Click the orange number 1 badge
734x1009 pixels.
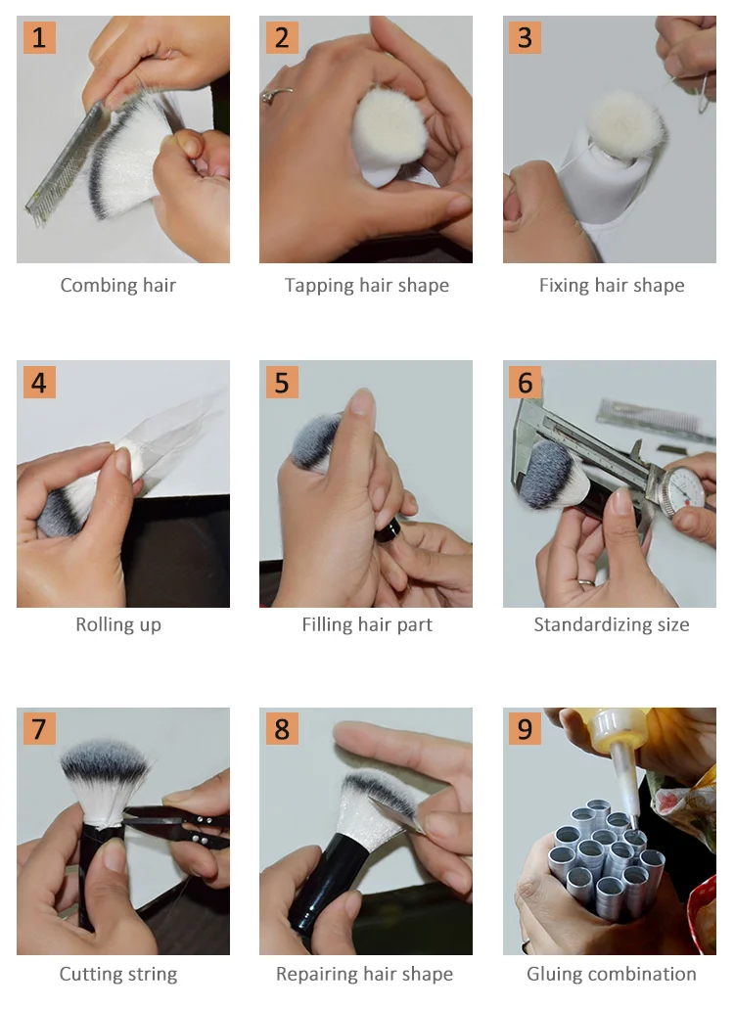pyautogui.click(x=39, y=37)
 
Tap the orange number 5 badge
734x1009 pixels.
pyautogui.click(x=282, y=383)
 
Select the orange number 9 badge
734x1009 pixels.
pyautogui.click(x=525, y=728)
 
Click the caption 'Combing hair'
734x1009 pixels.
pyautogui.click(x=117, y=285)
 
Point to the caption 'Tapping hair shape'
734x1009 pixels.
pyautogui.click(x=367, y=285)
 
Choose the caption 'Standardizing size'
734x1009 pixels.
pyautogui.click(x=611, y=624)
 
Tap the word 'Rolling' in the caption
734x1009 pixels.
pyautogui.click(x=106, y=624)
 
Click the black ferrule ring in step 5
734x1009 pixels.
pyautogui.click(x=389, y=531)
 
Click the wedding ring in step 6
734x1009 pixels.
pyautogui.click(x=586, y=581)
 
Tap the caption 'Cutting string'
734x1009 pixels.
pyautogui.click(x=117, y=974)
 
